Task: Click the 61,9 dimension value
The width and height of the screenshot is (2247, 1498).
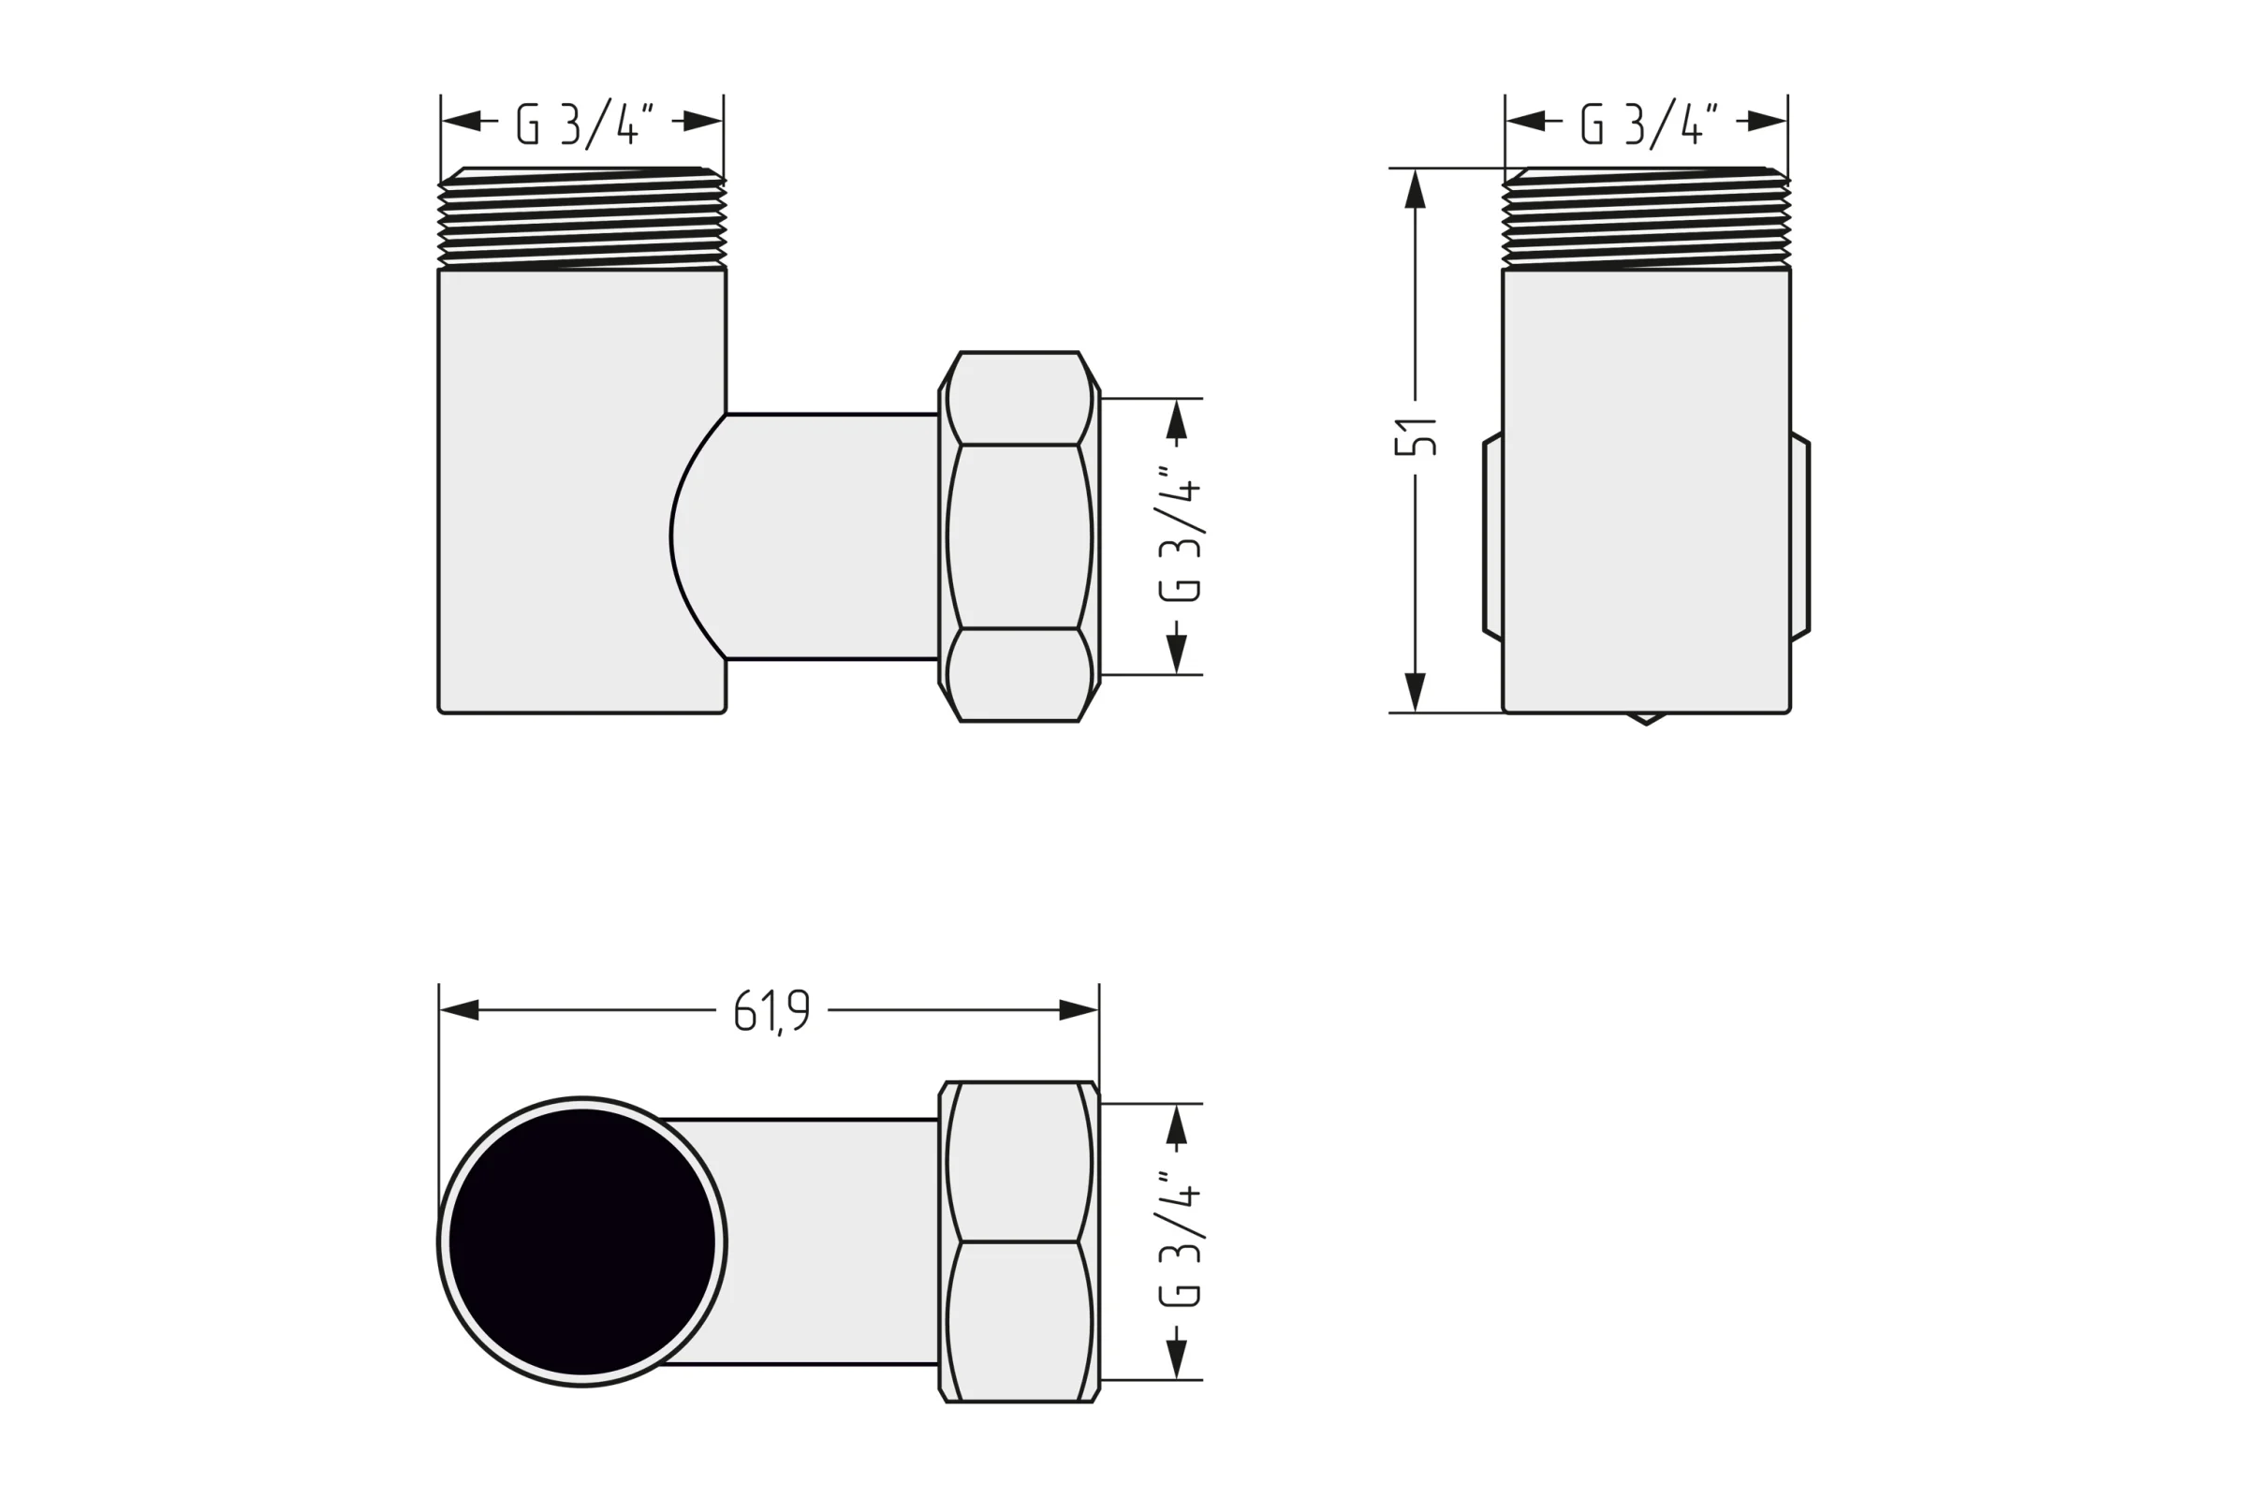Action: tap(771, 1011)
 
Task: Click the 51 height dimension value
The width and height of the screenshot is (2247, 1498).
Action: tap(1417, 435)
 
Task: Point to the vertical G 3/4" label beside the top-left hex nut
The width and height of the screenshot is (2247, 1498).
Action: tap(1179, 536)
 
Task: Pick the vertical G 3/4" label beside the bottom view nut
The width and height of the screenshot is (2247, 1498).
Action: tap(1179, 1240)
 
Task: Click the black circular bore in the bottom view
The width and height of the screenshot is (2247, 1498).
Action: tap(581, 1242)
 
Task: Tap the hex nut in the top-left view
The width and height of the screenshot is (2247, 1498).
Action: tap(1020, 536)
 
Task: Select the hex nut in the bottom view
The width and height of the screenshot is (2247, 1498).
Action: tap(1020, 1242)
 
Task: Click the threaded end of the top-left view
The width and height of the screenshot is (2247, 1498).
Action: tap(581, 218)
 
